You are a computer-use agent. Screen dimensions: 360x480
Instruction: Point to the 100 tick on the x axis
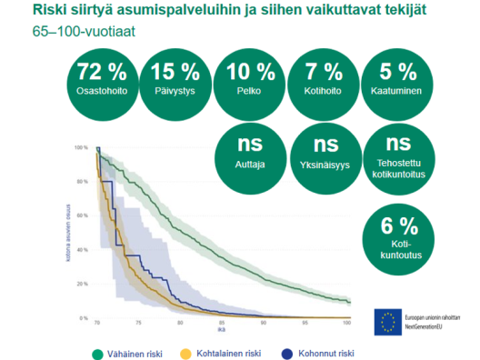346,323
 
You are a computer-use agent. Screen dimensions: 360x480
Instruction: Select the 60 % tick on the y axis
83,215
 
